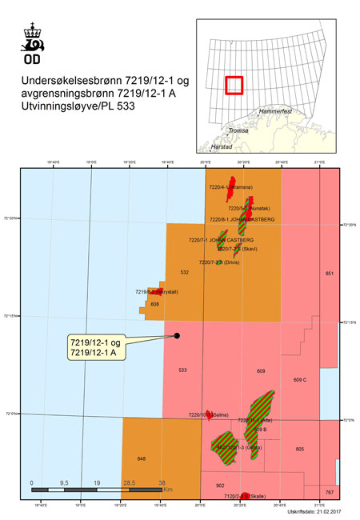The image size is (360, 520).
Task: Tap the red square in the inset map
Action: (x=233, y=86)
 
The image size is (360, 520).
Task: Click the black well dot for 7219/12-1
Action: (x=177, y=336)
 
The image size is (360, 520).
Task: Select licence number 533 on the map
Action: (x=182, y=370)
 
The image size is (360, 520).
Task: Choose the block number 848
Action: (x=142, y=458)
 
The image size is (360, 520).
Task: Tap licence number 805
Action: (x=299, y=450)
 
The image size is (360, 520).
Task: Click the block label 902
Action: (x=220, y=486)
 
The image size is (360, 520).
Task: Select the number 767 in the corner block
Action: (x=329, y=491)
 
